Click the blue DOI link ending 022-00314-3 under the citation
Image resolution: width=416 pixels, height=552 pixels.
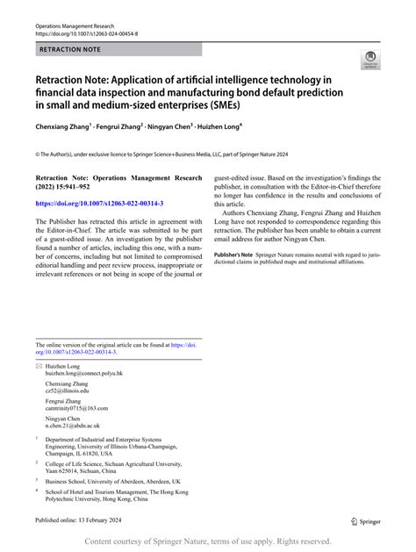click(99, 204)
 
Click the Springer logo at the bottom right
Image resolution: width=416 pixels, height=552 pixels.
click(366, 520)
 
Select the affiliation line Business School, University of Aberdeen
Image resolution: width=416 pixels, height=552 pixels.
click(112, 481)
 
